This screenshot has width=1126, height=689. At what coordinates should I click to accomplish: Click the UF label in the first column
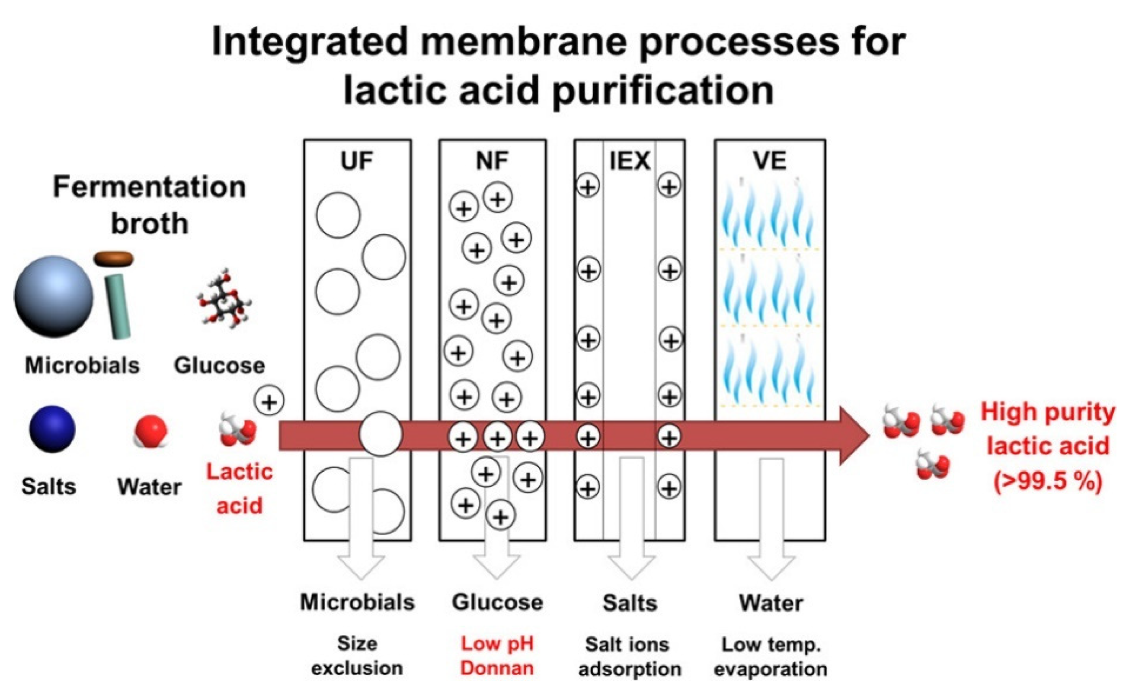tap(356, 161)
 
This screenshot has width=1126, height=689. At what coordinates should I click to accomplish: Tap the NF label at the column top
tap(492, 161)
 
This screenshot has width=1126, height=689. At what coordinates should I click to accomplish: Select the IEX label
tap(630, 161)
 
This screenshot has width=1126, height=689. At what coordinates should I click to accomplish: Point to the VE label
tap(770, 161)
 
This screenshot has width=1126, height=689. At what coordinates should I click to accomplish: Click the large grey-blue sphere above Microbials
tap(54, 296)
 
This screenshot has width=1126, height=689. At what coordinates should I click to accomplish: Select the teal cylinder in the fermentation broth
tap(118, 306)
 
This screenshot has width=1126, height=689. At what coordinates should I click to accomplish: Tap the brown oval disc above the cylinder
tap(113, 259)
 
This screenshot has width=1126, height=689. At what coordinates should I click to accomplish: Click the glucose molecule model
tap(224, 299)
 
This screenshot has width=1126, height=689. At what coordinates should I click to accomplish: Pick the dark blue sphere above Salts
tap(52, 429)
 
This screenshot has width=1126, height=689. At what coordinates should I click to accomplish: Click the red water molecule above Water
tap(151, 431)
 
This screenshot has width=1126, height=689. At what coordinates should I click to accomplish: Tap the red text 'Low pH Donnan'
tap(497, 656)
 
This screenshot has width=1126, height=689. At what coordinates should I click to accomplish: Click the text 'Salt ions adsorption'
tap(629, 657)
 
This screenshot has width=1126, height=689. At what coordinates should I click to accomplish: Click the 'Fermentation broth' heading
tap(150, 205)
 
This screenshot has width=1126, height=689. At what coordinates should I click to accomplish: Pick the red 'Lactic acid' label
tap(240, 488)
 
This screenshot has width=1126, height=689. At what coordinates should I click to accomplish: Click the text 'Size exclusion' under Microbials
tap(357, 656)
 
